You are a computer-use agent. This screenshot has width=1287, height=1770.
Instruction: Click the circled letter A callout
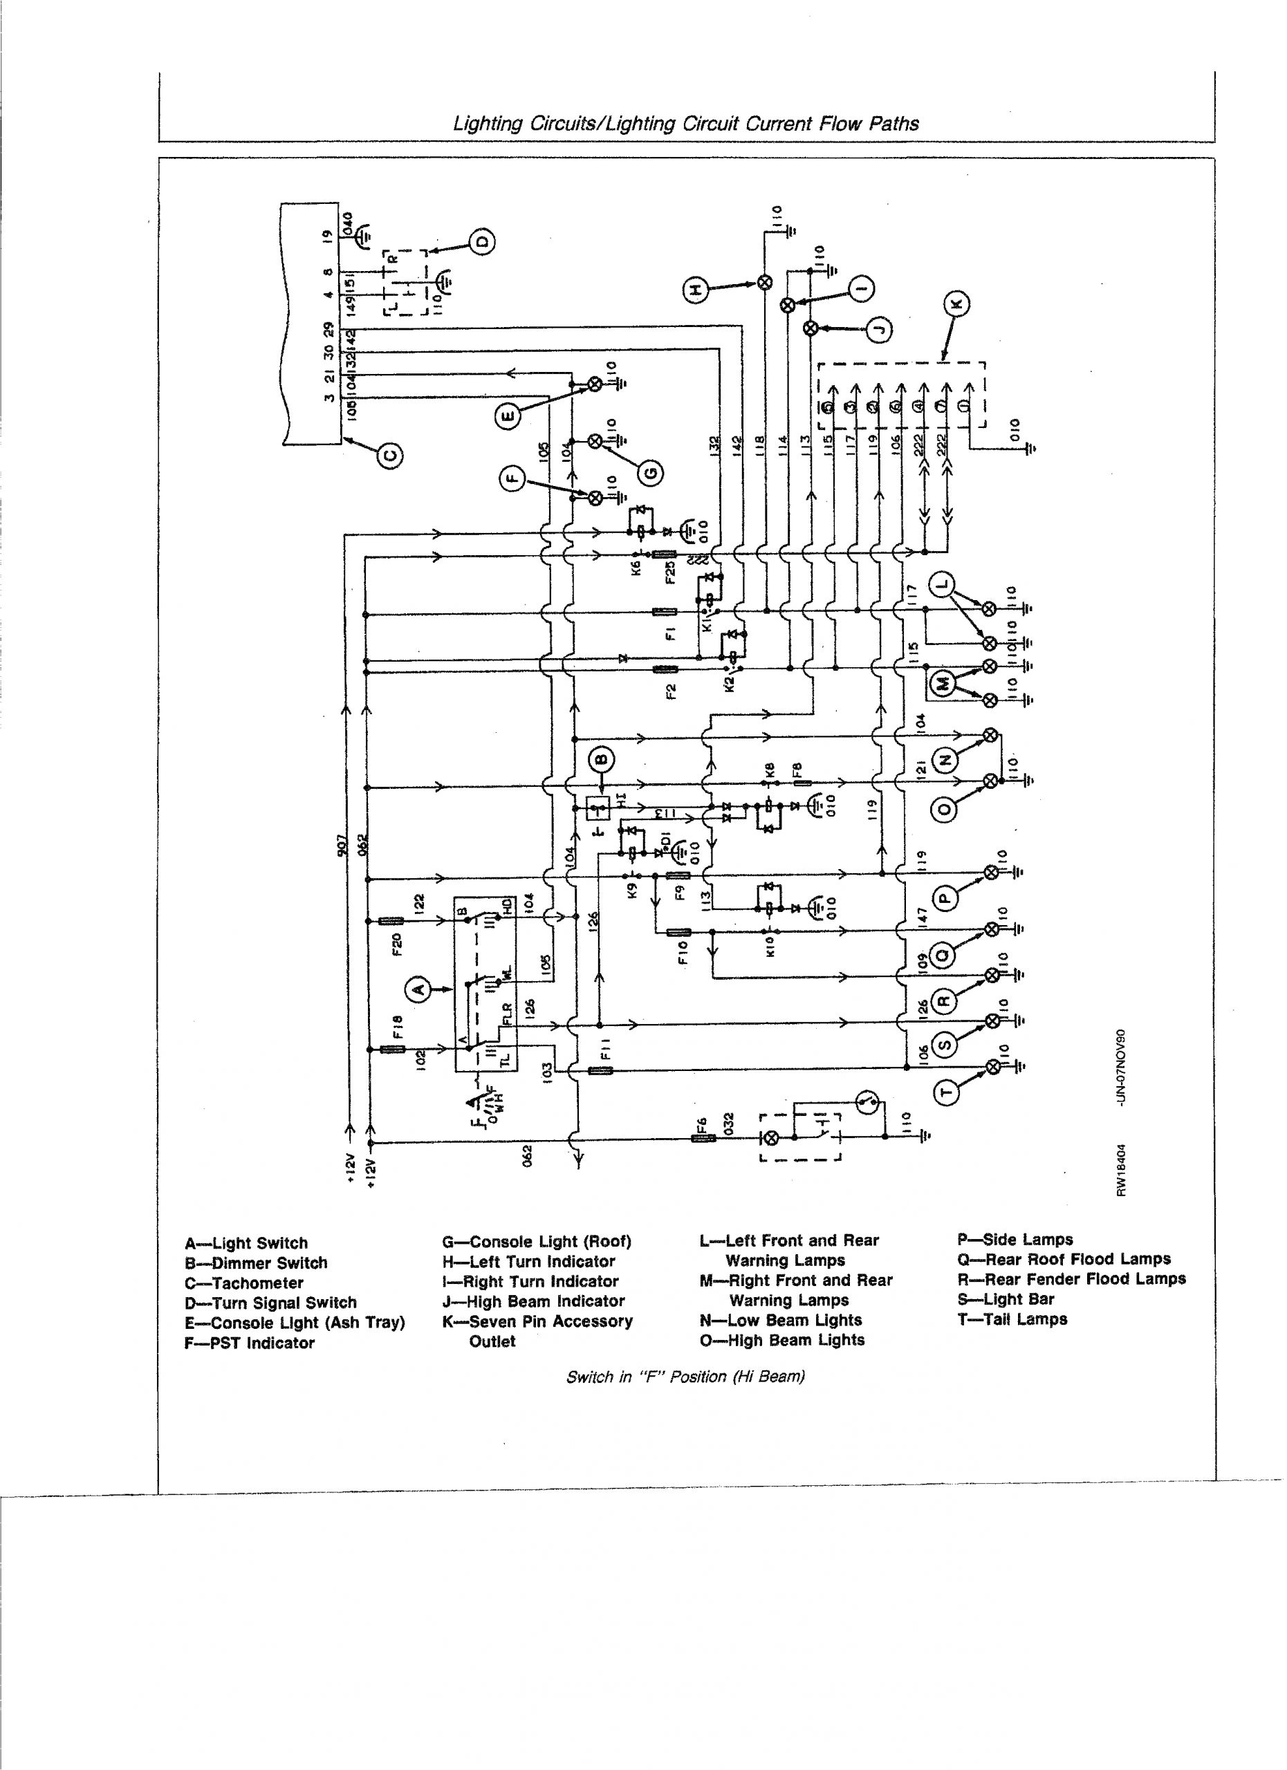coord(419,989)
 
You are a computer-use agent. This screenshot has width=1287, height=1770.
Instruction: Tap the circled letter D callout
coord(481,241)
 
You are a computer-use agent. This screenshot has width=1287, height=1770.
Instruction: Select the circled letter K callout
coord(959,304)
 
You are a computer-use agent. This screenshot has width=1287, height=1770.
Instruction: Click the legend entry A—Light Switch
coord(247,1243)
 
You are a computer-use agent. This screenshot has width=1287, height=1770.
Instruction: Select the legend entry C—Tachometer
coord(243,1283)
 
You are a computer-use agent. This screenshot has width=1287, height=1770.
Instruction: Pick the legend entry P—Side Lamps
coord(1015,1239)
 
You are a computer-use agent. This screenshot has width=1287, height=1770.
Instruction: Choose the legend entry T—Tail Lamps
coord(1012,1319)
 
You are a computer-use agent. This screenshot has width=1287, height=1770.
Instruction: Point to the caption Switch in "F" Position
coord(685,1377)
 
